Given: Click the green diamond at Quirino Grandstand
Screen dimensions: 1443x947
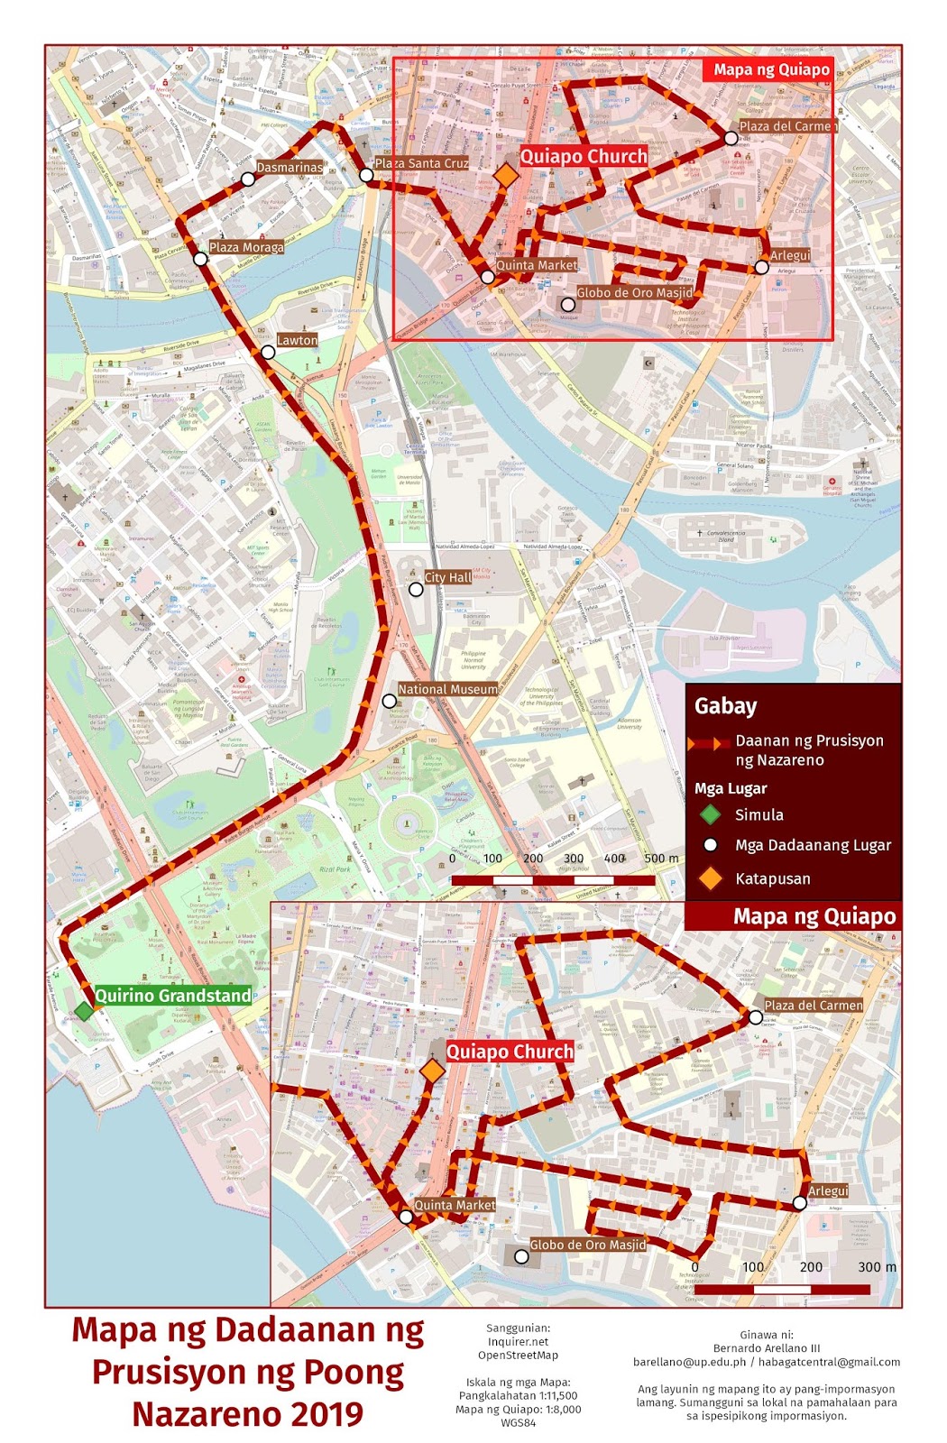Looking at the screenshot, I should [x=83, y=1010].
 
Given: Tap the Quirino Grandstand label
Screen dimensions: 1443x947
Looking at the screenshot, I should [x=173, y=996].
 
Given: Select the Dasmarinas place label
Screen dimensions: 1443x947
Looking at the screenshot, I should [x=289, y=168].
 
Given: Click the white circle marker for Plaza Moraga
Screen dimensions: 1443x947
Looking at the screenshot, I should [x=200, y=259].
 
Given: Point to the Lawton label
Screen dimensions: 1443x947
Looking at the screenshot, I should [x=297, y=340].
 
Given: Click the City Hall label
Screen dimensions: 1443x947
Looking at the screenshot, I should [x=447, y=577].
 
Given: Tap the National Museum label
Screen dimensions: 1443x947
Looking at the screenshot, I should [x=447, y=689].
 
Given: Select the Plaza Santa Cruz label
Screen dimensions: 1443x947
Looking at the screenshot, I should [x=421, y=163].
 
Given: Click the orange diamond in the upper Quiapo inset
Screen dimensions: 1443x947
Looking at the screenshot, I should [x=507, y=176].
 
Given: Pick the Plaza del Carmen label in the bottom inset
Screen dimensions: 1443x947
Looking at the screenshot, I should [x=814, y=1005].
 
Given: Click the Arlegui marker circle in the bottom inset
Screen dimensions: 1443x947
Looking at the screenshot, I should [x=799, y=1203].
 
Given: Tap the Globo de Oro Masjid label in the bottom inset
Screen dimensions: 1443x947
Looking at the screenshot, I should [x=587, y=1245].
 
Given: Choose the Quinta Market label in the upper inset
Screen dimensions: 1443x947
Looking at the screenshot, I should [x=537, y=265].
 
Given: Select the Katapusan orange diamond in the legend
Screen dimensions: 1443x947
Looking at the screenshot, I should [x=711, y=878].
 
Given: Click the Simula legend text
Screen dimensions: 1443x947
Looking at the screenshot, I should [x=759, y=814].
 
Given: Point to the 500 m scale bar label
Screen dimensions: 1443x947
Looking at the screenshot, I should [x=661, y=859].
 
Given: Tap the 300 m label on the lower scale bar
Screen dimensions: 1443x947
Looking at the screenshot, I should [x=876, y=1267].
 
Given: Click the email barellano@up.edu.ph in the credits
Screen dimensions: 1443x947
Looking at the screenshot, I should [x=689, y=1362].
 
